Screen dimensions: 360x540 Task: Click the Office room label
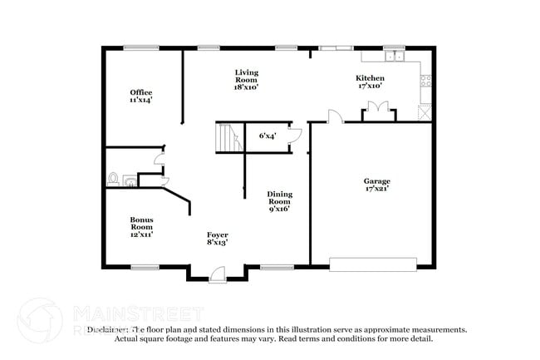[140, 96]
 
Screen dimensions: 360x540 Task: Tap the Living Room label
[247, 79]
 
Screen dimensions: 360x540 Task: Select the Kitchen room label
[370, 81]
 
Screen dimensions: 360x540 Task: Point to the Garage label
[376, 185]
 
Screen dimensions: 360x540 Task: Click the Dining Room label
[279, 201]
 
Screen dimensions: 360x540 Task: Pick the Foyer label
[217, 239]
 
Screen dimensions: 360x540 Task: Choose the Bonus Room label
[141, 227]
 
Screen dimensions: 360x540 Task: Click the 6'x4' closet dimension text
[268, 135]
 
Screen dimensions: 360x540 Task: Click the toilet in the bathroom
[114, 178]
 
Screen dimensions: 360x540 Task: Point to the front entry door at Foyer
[217, 273]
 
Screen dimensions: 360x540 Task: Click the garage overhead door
[373, 264]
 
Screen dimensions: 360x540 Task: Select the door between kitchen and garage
[334, 116]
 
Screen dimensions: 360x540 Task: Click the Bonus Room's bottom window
[145, 267]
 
